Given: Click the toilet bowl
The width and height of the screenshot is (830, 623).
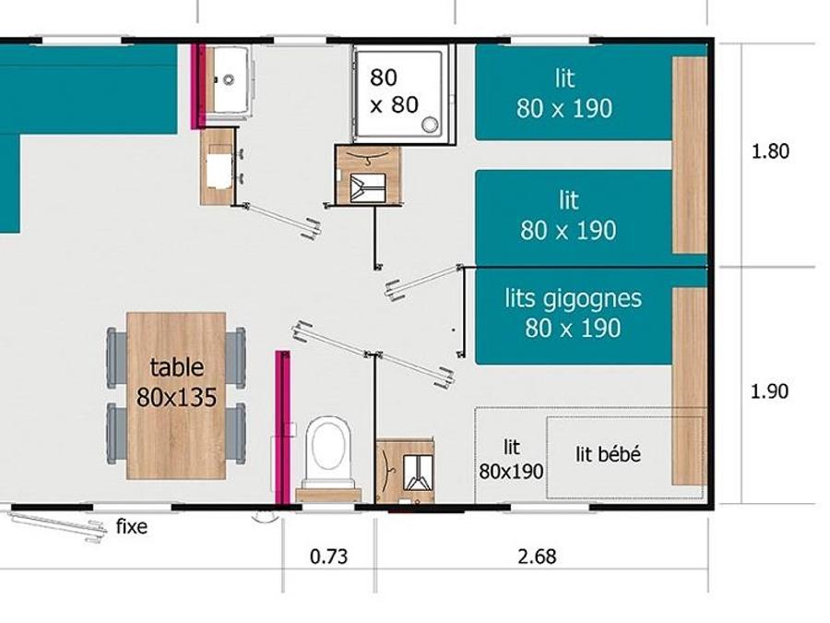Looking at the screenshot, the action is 328,450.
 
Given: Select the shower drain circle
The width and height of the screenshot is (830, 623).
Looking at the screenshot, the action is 430,125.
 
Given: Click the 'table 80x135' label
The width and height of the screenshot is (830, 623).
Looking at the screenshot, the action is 177,382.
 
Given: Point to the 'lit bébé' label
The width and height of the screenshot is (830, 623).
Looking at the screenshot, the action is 609,454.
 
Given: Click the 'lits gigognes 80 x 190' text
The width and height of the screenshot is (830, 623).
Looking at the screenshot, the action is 574,313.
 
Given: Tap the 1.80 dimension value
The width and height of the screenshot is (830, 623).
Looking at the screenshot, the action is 770,151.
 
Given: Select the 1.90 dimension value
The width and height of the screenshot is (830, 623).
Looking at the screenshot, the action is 770,391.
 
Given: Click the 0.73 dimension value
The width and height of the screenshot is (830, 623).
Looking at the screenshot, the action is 328,557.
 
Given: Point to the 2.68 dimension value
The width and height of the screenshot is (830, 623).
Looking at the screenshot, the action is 537,557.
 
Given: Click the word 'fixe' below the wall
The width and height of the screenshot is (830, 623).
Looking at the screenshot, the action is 131,527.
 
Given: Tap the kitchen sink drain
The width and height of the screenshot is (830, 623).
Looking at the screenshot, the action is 229,79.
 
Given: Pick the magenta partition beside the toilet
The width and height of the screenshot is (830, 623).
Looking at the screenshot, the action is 283,427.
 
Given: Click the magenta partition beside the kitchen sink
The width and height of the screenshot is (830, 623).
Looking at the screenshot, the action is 198,86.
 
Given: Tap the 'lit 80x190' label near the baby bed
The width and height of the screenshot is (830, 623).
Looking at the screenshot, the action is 511,460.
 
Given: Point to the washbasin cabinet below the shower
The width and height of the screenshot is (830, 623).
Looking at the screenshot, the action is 368,174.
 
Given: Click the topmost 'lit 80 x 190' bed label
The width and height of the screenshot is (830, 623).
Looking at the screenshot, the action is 564,93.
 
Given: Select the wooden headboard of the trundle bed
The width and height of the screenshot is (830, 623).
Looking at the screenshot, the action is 689,386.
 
